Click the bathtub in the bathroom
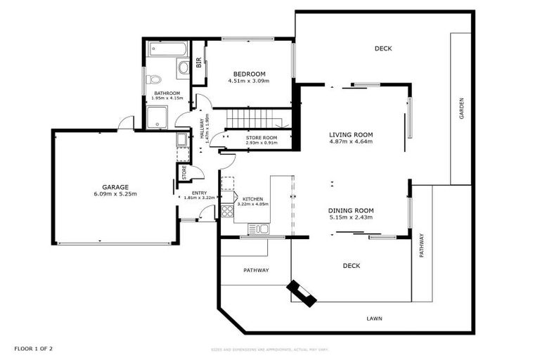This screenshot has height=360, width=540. coord(167,49)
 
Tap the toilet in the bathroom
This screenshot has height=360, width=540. coord(155,79)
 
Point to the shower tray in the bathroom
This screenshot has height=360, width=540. coord(157,117)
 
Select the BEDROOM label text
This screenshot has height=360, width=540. coord(250,74)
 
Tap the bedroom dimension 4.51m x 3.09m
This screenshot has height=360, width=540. coord(250,81)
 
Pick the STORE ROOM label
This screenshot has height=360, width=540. coord(262,137)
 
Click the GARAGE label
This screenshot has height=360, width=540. coord(115,187)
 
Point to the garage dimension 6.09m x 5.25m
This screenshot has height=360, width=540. coord(115,194)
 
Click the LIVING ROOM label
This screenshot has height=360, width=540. coord(351,134)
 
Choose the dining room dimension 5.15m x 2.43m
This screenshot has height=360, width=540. coord(351,217)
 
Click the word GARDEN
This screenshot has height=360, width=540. coord(462,108)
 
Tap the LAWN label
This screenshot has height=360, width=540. coord(374,319)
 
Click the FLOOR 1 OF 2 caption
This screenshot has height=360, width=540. coord(34,348)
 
